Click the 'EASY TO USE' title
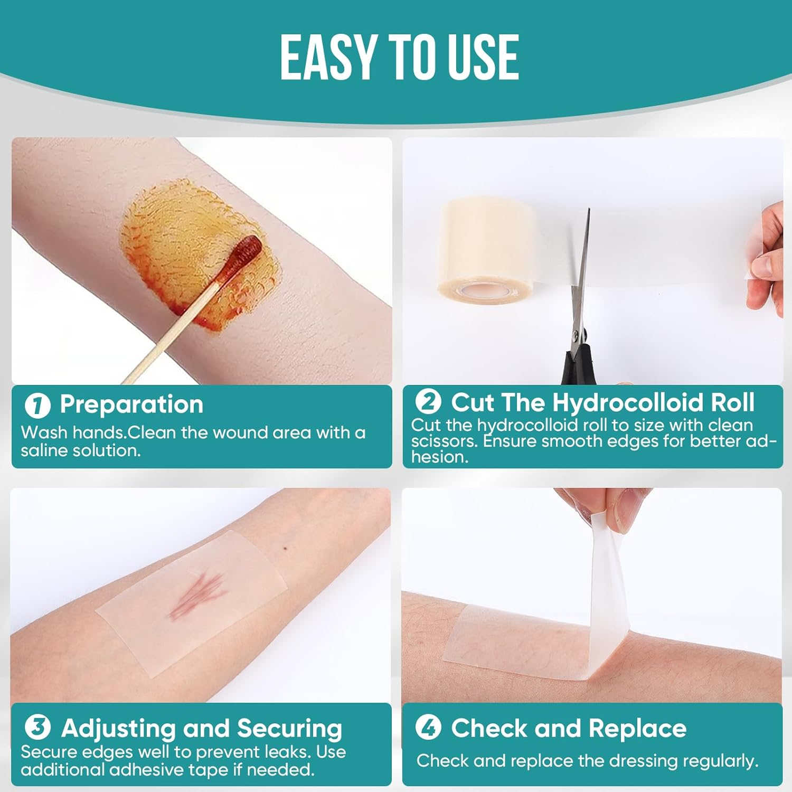pyautogui.click(x=399, y=58)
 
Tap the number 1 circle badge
pyautogui.click(x=37, y=406)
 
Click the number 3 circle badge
pyautogui.click(x=37, y=728)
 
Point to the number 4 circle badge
pyautogui.click(x=428, y=728)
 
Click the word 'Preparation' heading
pyautogui.click(x=131, y=404)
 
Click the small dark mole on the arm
pyautogui.click(x=285, y=549)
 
